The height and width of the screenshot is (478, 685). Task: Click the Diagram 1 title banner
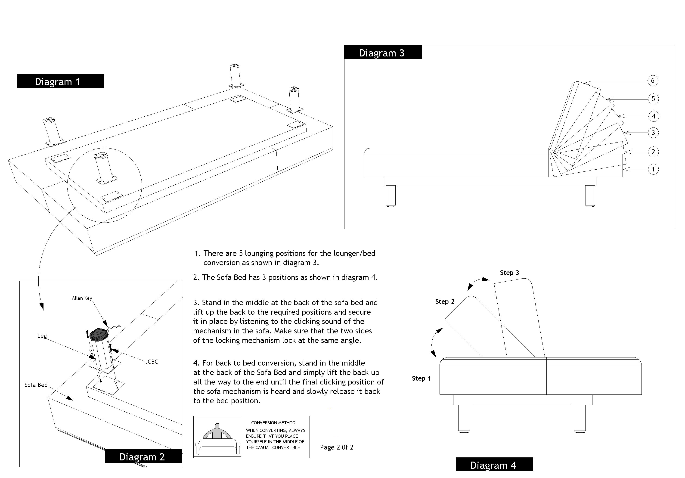pyautogui.click(x=60, y=81)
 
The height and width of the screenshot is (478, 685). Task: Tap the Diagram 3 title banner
pyautogui.click(x=383, y=53)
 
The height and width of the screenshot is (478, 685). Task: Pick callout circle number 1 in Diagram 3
pyautogui.click(x=653, y=169)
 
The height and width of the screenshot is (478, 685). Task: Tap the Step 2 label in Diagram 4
pyautogui.click(x=445, y=302)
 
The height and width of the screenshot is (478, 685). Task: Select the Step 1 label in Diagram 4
pyautogui.click(x=421, y=378)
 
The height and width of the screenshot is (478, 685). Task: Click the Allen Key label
pyautogui.click(x=82, y=298)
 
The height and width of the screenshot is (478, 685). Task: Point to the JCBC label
pyautogui.click(x=152, y=362)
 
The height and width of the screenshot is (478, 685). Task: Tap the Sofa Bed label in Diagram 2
pyautogui.click(x=36, y=385)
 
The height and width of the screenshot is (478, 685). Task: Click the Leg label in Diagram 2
pyautogui.click(x=42, y=336)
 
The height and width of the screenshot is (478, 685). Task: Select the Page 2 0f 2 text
pyautogui.click(x=337, y=447)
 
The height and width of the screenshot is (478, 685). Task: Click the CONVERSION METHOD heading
pyautogui.click(x=273, y=423)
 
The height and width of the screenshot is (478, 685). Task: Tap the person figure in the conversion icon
pyautogui.click(x=217, y=431)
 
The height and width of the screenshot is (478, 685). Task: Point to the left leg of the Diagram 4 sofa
pyautogui.click(x=463, y=418)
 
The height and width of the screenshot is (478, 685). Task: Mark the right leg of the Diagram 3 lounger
pyautogui.click(x=589, y=196)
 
